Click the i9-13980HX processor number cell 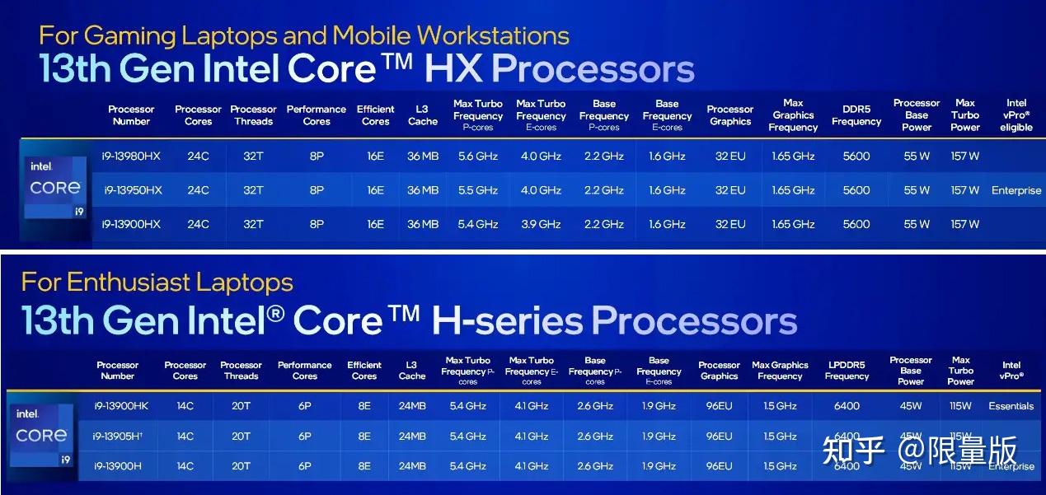[131, 156]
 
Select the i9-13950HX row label [131, 190]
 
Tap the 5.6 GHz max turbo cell [477, 156]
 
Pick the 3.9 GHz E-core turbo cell [540, 224]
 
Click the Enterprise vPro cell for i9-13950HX [1016, 190]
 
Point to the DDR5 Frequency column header [856, 115]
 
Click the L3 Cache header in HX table [422, 115]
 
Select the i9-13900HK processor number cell [118, 406]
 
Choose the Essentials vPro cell [1011, 406]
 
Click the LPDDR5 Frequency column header [847, 371]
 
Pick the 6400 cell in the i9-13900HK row [847, 406]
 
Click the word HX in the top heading [453, 68]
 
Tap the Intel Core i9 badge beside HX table [54, 189]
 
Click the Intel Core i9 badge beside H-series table [41, 436]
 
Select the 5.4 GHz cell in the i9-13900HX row [477, 224]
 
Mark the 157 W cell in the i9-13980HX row [964, 156]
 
